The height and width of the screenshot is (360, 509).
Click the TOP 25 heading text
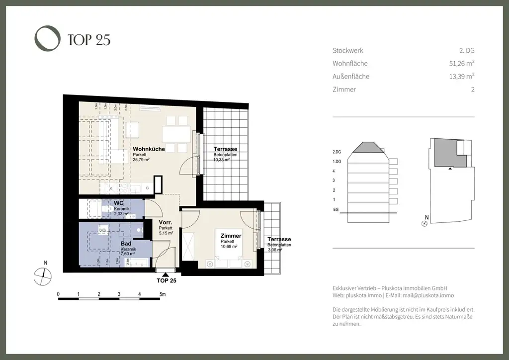tap(88, 40)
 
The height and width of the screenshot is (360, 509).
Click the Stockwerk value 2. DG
tap(467, 51)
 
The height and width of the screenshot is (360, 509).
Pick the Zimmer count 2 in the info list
tap(473, 90)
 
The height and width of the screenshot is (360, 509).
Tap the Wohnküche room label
tap(149, 149)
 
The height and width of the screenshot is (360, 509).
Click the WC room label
tap(118, 204)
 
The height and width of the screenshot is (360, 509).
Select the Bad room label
tap(126, 244)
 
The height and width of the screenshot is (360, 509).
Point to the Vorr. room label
tap(166, 223)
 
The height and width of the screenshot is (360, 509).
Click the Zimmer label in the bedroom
tap(231, 236)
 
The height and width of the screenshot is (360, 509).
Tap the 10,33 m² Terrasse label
tap(225, 150)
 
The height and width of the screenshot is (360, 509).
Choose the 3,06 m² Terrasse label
tap(279, 239)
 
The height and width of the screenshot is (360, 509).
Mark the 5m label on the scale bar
tap(162, 294)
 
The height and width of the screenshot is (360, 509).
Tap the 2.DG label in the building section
tap(337, 152)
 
